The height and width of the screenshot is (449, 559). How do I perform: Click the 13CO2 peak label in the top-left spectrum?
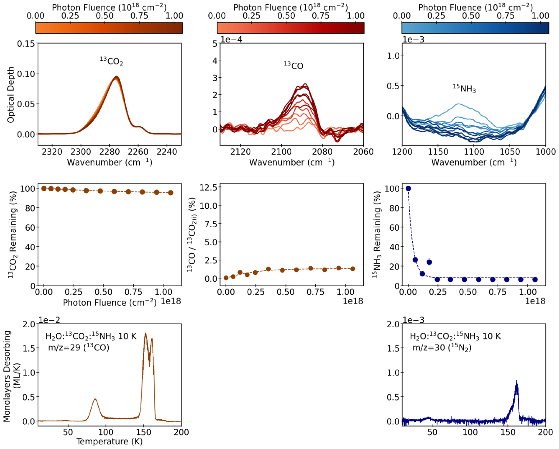click(x=111, y=62)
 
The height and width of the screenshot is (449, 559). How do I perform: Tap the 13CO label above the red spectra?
click(x=293, y=66)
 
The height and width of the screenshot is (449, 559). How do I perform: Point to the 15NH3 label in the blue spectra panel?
click(x=464, y=88)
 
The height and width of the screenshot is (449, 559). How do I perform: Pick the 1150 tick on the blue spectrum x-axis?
click(x=438, y=152)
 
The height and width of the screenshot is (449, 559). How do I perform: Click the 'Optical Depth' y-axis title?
click(x=11, y=94)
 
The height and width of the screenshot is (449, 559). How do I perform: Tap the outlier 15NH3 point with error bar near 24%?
click(x=429, y=262)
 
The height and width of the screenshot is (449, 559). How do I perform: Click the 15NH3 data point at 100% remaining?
click(x=408, y=189)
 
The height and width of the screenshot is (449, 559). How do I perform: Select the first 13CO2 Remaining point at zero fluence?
click(x=44, y=189)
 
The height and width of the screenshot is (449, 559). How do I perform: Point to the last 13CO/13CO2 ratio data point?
click(x=352, y=269)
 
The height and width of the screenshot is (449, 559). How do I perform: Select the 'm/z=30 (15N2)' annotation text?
click(x=442, y=348)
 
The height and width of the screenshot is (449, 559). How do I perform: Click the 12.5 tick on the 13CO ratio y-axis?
click(x=207, y=187)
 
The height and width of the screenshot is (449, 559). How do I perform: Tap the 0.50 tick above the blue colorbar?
click(x=471, y=16)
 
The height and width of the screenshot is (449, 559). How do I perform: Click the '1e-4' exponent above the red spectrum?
click(x=231, y=39)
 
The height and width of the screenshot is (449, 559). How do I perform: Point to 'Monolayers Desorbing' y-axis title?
click(x=7, y=376)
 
